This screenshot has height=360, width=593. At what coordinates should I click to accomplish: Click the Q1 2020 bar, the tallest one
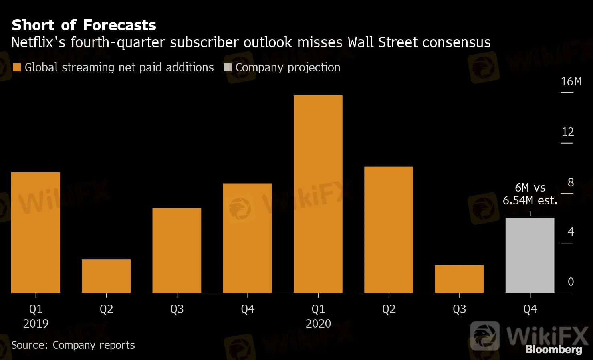318,194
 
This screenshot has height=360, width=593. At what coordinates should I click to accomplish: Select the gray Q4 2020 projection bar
530,255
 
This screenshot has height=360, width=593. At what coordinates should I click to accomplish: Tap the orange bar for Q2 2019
106,276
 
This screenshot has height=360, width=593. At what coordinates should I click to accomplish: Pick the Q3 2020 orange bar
459,279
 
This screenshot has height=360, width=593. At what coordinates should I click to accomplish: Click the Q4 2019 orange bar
247,238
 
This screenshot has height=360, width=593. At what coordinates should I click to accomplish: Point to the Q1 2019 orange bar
36,233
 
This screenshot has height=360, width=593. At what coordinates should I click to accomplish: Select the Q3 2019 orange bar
177,251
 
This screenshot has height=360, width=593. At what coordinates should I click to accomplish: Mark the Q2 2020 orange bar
389,230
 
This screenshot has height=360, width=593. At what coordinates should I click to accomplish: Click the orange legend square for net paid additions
16,67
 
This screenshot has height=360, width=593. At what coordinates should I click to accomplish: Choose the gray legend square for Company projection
228,67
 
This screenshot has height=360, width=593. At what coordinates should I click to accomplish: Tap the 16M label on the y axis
571,81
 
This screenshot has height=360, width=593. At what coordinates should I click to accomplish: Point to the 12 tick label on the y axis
568,132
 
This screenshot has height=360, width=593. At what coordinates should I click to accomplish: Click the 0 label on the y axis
571,282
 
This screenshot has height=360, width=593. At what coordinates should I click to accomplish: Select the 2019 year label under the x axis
36,324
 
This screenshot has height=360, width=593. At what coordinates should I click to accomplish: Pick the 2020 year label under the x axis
318,324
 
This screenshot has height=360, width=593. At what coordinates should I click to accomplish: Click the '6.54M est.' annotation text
530,200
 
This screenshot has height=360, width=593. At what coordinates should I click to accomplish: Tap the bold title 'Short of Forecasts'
84,25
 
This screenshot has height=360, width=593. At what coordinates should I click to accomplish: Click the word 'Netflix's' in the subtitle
38,42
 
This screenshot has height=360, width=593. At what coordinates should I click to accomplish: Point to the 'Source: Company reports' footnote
73,345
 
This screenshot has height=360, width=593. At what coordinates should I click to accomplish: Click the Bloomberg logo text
553,350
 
